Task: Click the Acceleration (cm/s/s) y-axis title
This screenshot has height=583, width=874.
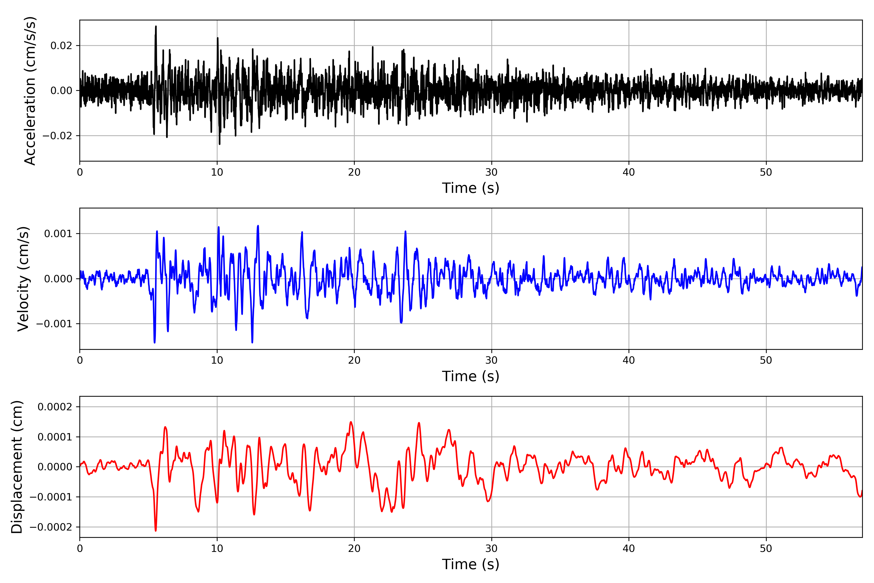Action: pyautogui.click(x=30, y=91)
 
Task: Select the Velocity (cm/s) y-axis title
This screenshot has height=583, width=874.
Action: pyautogui.click(x=23, y=279)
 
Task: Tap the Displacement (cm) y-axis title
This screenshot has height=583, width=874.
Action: pyautogui.click(x=17, y=467)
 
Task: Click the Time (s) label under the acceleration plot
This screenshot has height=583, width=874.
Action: pyautogui.click(x=471, y=188)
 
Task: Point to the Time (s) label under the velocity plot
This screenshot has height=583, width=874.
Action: pyautogui.click(x=471, y=376)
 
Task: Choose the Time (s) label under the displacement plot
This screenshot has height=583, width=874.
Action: pyautogui.click(x=471, y=564)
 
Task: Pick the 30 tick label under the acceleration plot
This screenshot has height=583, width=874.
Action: pyautogui.click(x=491, y=172)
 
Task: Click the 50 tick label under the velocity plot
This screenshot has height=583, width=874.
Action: pyautogui.click(x=766, y=360)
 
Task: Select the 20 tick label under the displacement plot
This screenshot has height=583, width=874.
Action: pyautogui.click(x=354, y=549)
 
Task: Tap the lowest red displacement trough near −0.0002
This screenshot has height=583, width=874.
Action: pyautogui.click(x=156, y=530)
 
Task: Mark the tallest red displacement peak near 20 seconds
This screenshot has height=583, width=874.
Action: pyautogui.click(x=351, y=422)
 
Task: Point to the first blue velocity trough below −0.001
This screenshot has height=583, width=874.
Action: pyautogui.click(x=155, y=342)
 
